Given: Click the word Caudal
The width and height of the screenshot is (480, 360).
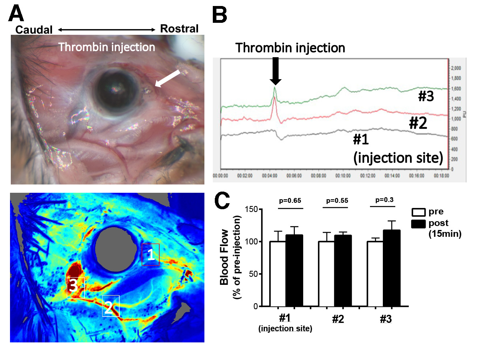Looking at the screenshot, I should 34,29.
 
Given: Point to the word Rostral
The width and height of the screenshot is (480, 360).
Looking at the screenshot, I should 179,29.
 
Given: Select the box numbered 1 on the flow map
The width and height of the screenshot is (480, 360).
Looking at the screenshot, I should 151,255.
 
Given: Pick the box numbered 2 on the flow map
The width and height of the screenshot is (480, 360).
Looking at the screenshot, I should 111,306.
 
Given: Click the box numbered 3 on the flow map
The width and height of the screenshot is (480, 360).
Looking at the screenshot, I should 76,288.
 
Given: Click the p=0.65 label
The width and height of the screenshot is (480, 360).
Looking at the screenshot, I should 291,200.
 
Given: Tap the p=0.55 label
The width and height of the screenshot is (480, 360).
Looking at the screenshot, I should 337,200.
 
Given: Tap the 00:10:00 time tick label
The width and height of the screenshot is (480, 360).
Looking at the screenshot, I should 342,175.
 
